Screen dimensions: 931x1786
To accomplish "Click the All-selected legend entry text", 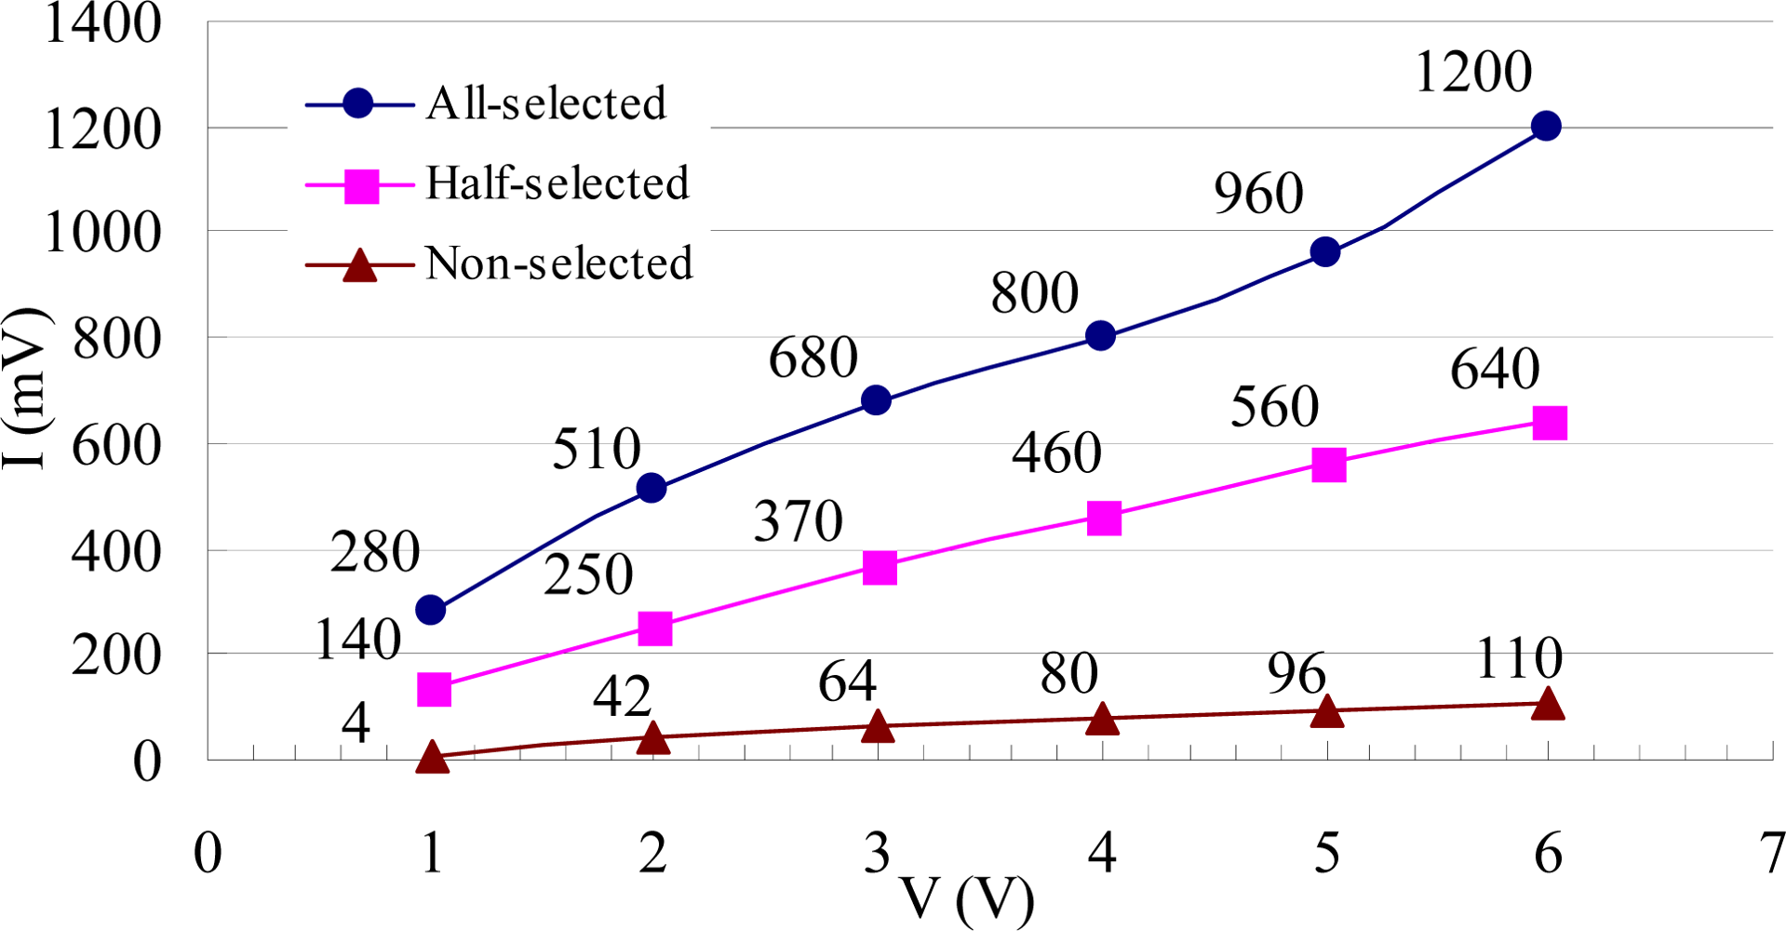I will pyautogui.click(x=546, y=103).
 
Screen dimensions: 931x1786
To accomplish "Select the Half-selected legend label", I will pyautogui.click(x=557, y=183).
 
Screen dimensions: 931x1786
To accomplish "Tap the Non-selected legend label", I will pyautogui.click(x=558, y=263).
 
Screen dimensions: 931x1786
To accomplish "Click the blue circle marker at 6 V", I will pyautogui.click(x=1546, y=126).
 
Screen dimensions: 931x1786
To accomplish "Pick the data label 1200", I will pyautogui.click(x=1472, y=73).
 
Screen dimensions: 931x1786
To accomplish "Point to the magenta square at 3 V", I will pyautogui.click(x=880, y=567).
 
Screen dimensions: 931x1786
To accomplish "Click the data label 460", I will pyautogui.click(x=1056, y=454).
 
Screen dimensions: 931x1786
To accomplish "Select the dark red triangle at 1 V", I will pyautogui.click(x=432, y=757).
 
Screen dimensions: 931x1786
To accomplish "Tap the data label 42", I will pyautogui.click(x=622, y=696).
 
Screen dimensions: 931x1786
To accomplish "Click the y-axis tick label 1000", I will pyautogui.click(x=102, y=233).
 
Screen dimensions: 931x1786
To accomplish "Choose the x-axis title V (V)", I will pyautogui.click(x=968, y=899).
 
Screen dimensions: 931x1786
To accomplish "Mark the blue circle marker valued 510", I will pyautogui.click(x=651, y=488).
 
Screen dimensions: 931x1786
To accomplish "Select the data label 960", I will pyautogui.click(x=1258, y=194).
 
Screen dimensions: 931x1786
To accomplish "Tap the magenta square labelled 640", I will pyautogui.click(x=1550, y=423).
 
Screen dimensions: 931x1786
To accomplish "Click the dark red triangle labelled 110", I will pyautogui.click(x=1548, y=704).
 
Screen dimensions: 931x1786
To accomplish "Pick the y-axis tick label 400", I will pyautogui.click(x=115, y=553).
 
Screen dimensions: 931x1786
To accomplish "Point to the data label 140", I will pyautogui.click(x=358, y=641).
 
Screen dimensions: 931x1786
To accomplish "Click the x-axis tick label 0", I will pyautogui.click(x=208, y=853).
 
